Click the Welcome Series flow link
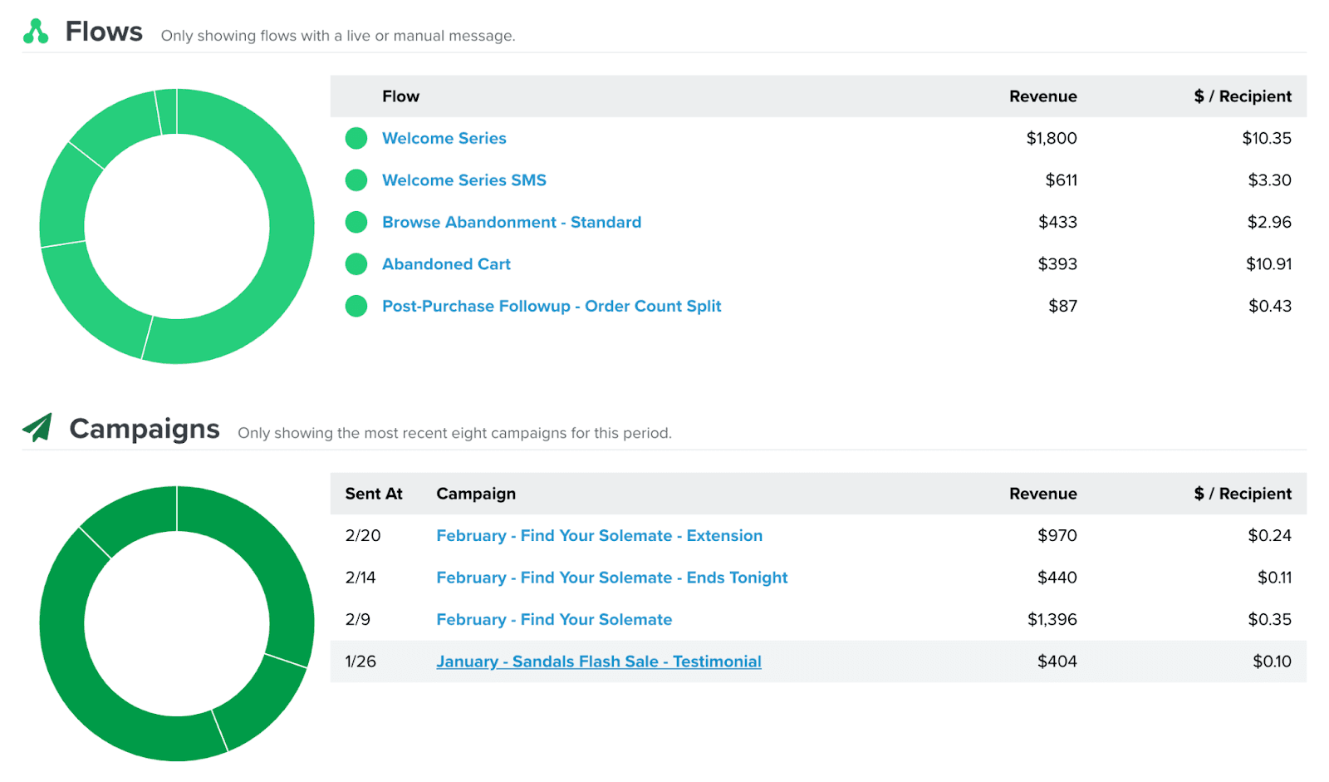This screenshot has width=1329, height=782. tap(444, 138)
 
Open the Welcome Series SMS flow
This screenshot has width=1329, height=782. tap(463, 180)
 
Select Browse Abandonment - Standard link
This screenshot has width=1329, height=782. tap(511, 222)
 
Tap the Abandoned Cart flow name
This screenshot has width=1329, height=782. tap(446, 264)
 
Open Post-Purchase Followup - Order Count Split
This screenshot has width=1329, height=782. tap(551, 306)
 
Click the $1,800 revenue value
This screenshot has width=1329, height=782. tap(1051, 138)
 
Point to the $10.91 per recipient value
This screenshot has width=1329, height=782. tap(1268, 264)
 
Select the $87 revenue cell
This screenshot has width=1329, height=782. tap(1062, 306)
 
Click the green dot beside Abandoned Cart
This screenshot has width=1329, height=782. tap(356, 264)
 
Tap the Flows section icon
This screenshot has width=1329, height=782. tap(36, 32)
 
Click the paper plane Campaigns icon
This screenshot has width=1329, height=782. tap(37, 428)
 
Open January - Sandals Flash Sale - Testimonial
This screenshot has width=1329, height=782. tap(598, 662)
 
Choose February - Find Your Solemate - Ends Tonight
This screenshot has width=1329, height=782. tap(611, 578)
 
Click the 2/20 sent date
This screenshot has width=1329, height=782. tap(363, 536)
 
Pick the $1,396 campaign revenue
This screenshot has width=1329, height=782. tap(1052, 620)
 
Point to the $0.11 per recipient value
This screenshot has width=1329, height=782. tap(1273, 578)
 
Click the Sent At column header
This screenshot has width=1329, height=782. tap(374, 494)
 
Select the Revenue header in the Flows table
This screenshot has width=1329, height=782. tap(1042, 96)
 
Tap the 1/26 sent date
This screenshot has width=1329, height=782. tap(360, 662)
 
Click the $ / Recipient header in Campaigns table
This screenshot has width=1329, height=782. tap(1242, 494)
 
